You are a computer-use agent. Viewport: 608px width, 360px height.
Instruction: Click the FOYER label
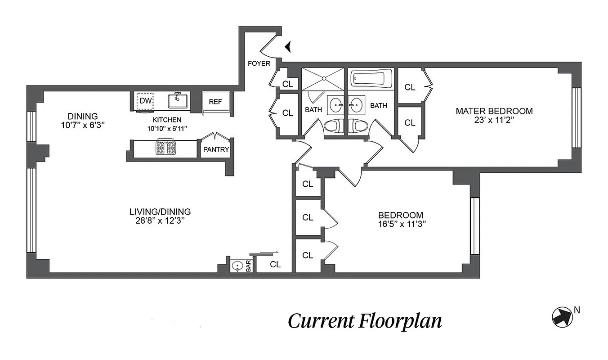(x=259, y=63)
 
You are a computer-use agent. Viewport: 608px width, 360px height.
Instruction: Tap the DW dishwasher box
(x=145, y=101)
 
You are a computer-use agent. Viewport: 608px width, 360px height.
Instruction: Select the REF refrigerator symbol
(x=215, y=102)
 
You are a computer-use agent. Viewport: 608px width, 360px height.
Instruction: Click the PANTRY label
(x=216, y=149)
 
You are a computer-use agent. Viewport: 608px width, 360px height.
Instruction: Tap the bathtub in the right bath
(x=371, y=80)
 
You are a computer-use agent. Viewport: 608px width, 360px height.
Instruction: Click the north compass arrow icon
(x=562, y=316)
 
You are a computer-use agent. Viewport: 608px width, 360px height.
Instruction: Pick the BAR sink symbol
(x=237, y=266)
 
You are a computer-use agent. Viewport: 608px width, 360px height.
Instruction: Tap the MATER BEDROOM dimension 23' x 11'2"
(x=494, y=119)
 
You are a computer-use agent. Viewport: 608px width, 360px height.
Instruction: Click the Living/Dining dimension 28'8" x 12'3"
(x=160, y=220)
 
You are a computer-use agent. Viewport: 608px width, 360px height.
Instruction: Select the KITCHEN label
(x=167, y=120)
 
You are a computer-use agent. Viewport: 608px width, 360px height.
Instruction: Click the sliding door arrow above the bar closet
(x=270, y=253)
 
